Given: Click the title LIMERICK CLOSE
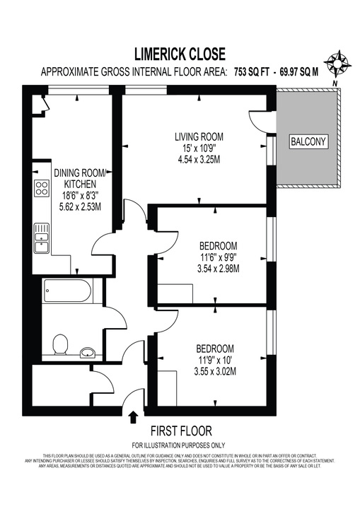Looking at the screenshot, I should click(x=180, y=53).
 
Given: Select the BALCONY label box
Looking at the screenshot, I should click(x=309, y=142).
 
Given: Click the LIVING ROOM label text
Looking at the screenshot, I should click(x=199, y=136).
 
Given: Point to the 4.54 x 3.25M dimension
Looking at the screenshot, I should click(x=199, y=160).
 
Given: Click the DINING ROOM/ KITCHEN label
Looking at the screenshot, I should click(x=79, y=178).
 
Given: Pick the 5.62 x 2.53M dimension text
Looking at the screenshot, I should click(x=79, y=207).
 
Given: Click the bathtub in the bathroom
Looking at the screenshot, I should click(x=66, y=290).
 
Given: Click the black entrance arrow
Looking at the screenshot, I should click(x=133, y=417).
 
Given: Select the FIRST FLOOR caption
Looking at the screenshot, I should click(x=180, y=431).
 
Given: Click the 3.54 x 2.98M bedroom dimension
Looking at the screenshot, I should click(x=219, y=269).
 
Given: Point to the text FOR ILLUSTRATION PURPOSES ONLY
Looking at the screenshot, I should click(x=180, y=445).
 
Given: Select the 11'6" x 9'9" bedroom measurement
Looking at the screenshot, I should click(x=219, y=257).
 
